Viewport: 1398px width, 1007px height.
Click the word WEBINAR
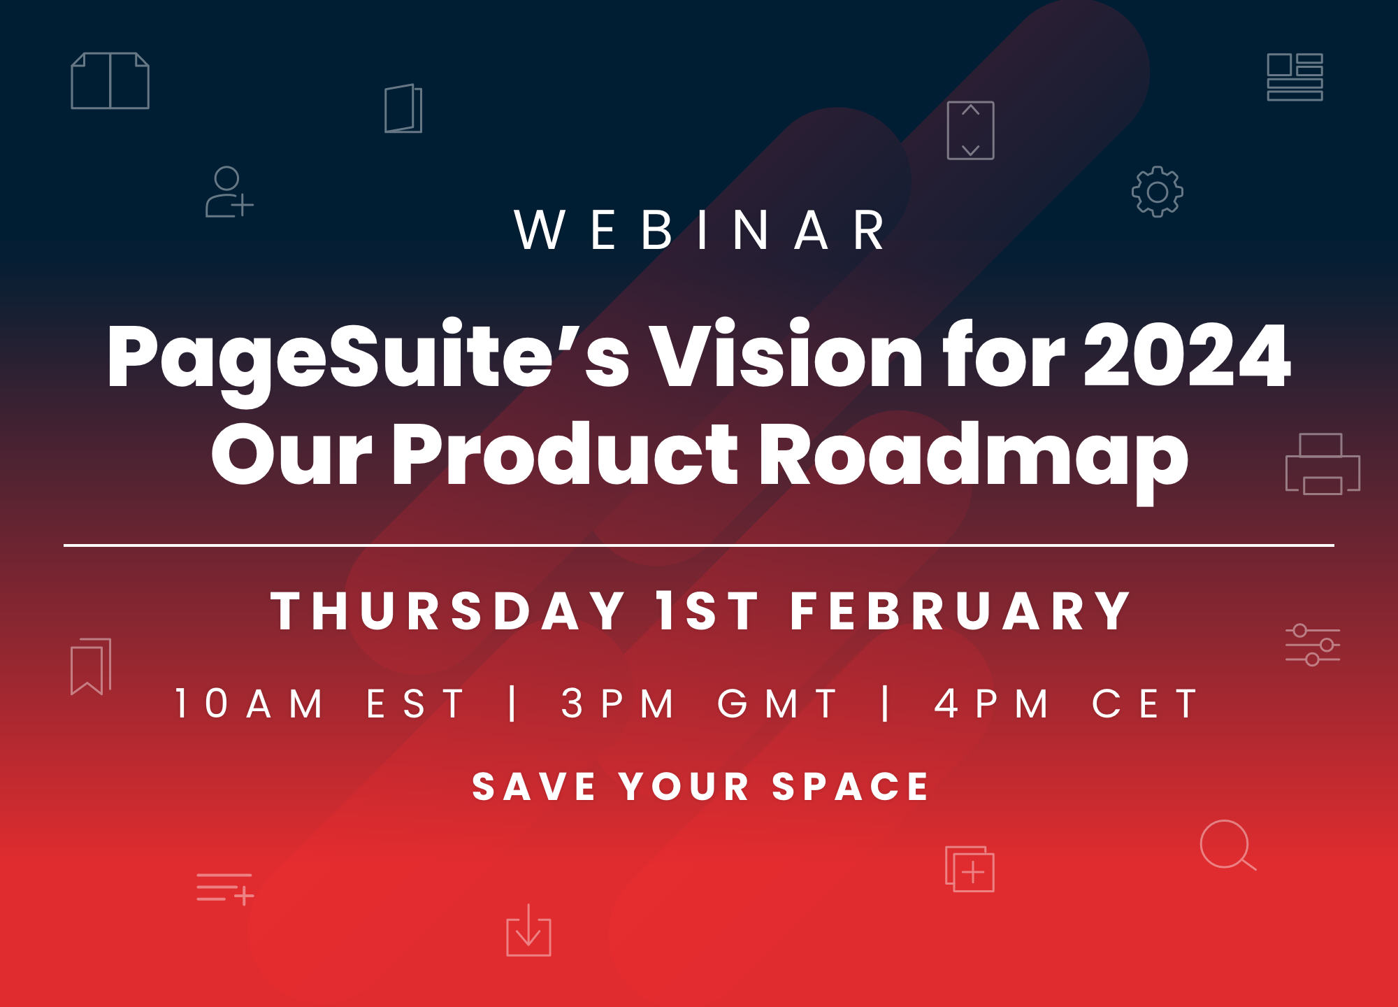pyautogui.click(x=701, y=229)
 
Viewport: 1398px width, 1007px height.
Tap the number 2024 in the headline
pyautogui.click(x=1187, y=355)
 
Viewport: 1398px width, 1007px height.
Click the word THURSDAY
pyautogui.click(x=448, y=611)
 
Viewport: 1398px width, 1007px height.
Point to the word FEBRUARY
pyautogui.click(x=960, y=611)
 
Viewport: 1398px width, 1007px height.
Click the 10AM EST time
pyautogui.click(x=319, y=704)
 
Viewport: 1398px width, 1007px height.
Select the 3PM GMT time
pyautogui.click(x=699, y=704)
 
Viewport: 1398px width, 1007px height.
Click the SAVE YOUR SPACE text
pyautogui.click(x=700, y=786)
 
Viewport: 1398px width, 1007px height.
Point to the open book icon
pyautogui.click(x=110, y=80)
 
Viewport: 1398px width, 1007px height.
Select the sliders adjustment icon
pyautogui.click(x=1313, y=645)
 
